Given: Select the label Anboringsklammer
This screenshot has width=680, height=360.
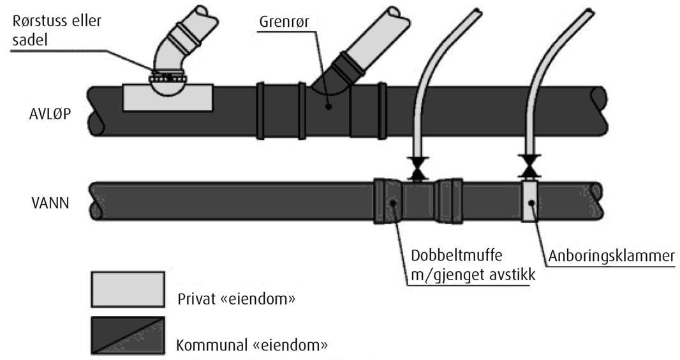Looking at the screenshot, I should click(x=610, y=256).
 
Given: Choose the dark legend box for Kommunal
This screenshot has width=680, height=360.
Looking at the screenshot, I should click(x=128, y=335).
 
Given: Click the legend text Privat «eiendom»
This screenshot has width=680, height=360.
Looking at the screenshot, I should click(x=238, y=300).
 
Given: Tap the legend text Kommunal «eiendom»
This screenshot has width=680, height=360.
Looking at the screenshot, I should click(x=251, y=347).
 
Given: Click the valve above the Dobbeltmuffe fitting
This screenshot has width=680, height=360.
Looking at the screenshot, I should click(x=418, y=167).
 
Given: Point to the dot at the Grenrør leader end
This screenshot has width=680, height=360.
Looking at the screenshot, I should click(x=328, y=107).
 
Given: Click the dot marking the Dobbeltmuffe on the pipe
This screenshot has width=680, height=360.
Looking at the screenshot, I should click(x=393, y=203).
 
